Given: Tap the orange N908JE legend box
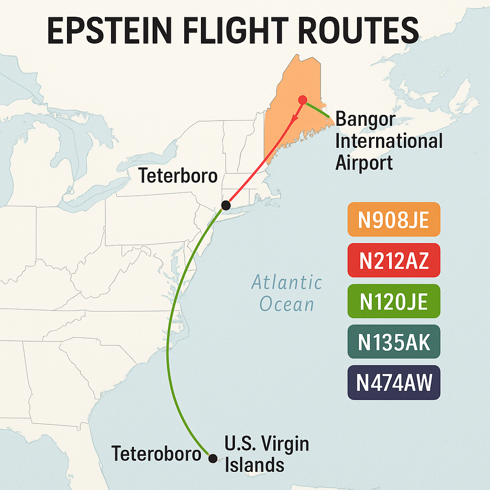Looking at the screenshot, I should pos(393,219).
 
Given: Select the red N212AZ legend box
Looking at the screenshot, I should pos(393,260).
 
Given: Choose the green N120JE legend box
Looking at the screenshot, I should pos(393,301).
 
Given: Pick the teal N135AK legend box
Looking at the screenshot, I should pos(393,342).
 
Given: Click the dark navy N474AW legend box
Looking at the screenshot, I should pos(393,382).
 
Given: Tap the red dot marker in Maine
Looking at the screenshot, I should pos(302,100).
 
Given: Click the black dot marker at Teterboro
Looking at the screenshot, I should pos(226,205).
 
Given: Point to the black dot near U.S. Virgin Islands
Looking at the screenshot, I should pos(213,458).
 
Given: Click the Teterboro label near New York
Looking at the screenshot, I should pos(178,176).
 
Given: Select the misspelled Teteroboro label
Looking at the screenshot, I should pos(156,453).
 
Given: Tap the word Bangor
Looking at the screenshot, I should pos(366,119).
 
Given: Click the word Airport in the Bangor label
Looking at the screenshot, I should pos(364,163).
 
